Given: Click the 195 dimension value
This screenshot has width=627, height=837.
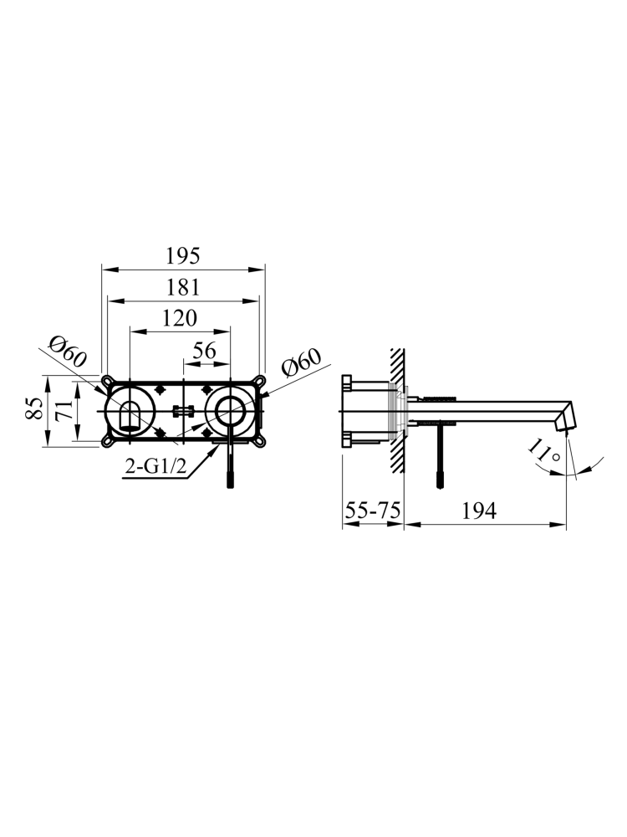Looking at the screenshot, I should [183, 256].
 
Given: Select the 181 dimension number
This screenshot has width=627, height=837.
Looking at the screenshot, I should [183, 287].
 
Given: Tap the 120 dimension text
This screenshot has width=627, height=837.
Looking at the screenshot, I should [180, 318].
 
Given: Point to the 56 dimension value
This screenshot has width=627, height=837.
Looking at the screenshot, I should [206, 351].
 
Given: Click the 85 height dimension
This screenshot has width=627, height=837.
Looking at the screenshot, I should [34, 410].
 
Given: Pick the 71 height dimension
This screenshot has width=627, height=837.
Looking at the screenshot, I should [63, 410].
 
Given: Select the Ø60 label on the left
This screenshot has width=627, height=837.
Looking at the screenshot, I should [68, 351].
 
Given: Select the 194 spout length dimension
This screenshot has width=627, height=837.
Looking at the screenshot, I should [477, 511].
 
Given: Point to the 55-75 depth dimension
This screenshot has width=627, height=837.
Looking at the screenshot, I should [372, 511].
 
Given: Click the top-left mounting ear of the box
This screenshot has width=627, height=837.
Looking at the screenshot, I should [107, 381].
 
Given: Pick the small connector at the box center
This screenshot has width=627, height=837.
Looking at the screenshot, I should [182, 411].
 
